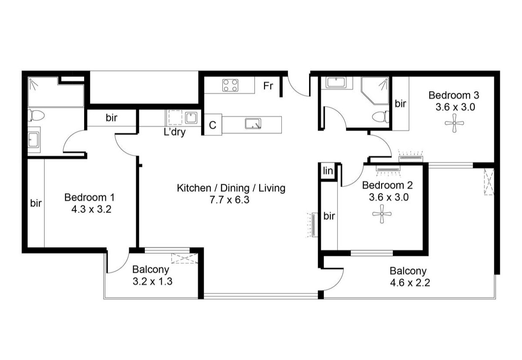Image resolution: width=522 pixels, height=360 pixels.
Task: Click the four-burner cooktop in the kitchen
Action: click(230, 85)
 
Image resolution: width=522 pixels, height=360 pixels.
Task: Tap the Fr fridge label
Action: click(268, 86)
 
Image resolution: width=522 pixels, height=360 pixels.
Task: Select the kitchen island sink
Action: click(253, 124)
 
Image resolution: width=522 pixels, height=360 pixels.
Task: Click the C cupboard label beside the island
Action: click(212, 125)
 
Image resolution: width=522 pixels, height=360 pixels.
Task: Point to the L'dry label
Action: click(175, 132)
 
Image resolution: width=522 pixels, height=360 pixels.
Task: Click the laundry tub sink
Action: click(191, 118)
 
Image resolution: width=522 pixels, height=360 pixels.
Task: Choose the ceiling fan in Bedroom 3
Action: click(454, 123)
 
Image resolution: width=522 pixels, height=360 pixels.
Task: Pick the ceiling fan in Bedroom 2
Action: click(382, 214)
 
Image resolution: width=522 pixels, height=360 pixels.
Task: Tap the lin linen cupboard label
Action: click(328, 171)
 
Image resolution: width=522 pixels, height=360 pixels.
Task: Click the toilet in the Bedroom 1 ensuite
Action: click(36, 115)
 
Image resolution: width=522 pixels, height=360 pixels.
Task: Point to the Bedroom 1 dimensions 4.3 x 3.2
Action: click(91, 209)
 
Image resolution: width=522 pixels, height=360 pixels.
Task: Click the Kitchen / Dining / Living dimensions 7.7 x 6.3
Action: click(229, 200)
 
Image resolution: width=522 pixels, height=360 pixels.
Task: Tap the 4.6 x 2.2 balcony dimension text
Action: click(410, 283)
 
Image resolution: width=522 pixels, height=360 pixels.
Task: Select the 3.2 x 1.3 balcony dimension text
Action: click(153, 281)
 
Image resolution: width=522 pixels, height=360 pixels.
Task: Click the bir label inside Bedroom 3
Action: click(400, 104)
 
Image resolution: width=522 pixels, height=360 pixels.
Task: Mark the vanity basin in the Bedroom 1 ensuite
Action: click(34, 139)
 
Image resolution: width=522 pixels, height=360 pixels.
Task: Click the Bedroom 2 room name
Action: click(387, 185)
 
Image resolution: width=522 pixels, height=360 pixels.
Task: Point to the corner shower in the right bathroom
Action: click(375, 91)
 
